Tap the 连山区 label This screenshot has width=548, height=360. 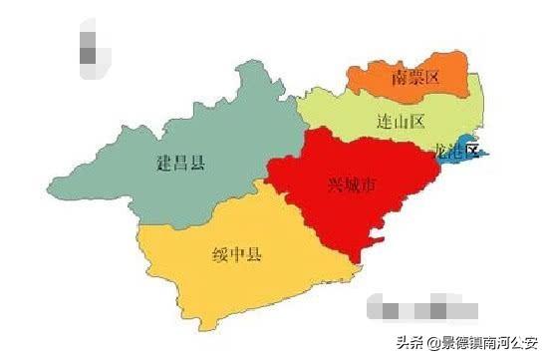tap(402, 122)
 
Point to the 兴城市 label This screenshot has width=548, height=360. tap(352, 184)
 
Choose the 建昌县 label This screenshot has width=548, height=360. tap(180, 162)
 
